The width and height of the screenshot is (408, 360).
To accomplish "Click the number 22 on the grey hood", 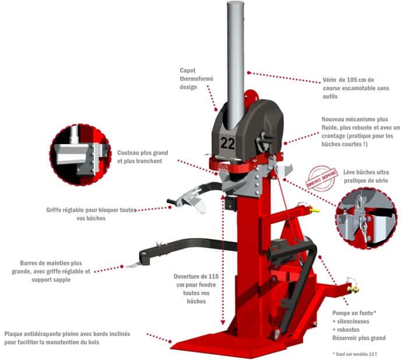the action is (228, 143).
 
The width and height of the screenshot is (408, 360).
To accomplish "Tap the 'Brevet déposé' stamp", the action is (322, 177).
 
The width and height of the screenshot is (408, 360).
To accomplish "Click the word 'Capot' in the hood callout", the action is (188, 71).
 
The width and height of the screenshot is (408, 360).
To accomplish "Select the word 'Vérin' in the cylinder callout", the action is (330, 80).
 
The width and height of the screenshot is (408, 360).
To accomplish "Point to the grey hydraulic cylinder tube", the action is (235, 65).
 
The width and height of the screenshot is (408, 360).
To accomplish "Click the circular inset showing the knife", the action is (80, 155).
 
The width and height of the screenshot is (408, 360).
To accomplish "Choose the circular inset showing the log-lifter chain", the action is (367, 218).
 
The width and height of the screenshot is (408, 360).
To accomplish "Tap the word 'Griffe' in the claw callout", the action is (54, 210).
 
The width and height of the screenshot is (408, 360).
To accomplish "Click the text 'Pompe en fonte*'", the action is (354, 313).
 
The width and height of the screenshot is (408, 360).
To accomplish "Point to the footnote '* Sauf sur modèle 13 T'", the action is (354, 354).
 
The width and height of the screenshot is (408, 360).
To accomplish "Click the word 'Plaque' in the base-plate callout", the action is (13, 334).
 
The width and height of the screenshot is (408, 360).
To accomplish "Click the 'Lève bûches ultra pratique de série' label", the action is (366, 176).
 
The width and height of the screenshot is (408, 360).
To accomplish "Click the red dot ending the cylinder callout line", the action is (248, 73).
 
